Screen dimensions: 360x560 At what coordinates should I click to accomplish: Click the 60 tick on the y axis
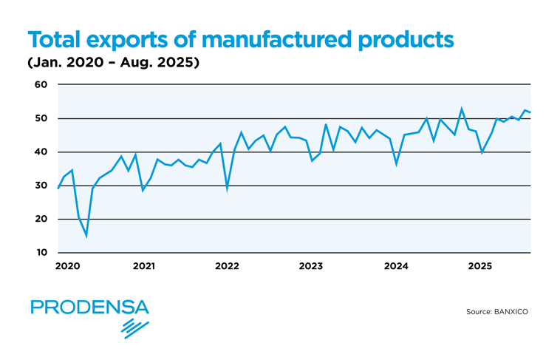tap(41, 85)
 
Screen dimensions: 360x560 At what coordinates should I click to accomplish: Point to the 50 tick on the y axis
tap(41, 118)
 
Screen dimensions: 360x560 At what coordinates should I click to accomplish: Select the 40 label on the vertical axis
tap(41, 152)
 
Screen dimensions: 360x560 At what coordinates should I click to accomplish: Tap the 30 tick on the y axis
tap(41, 186)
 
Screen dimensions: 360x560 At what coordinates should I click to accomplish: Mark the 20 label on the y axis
tap(41, 220)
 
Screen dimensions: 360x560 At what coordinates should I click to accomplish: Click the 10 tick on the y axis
tap(41, 253)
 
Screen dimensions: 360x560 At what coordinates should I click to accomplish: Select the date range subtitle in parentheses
tap(114, 64)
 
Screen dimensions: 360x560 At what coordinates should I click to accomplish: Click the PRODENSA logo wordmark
tap(89, 307)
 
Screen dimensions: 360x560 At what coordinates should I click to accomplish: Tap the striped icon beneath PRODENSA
tap(135, 328)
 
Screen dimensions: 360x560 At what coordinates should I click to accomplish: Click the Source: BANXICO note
tap(497, 312)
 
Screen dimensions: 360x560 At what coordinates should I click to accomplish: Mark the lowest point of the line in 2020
tap(86, 236)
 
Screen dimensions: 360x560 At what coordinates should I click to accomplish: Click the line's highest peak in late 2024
tap(462, 109)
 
